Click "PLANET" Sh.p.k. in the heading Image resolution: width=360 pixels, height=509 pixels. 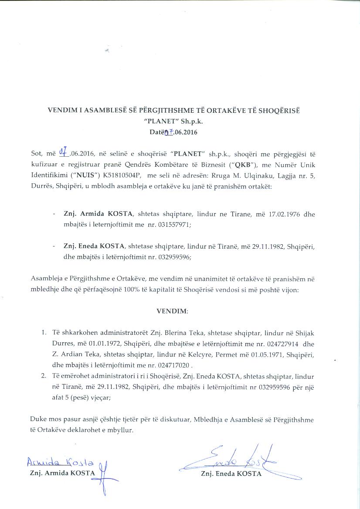coord(180,121)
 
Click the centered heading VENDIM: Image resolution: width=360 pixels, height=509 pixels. coord(172,311)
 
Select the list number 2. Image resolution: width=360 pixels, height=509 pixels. coord(44,376)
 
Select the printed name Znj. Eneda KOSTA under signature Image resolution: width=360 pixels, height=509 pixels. coord(231,474)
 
